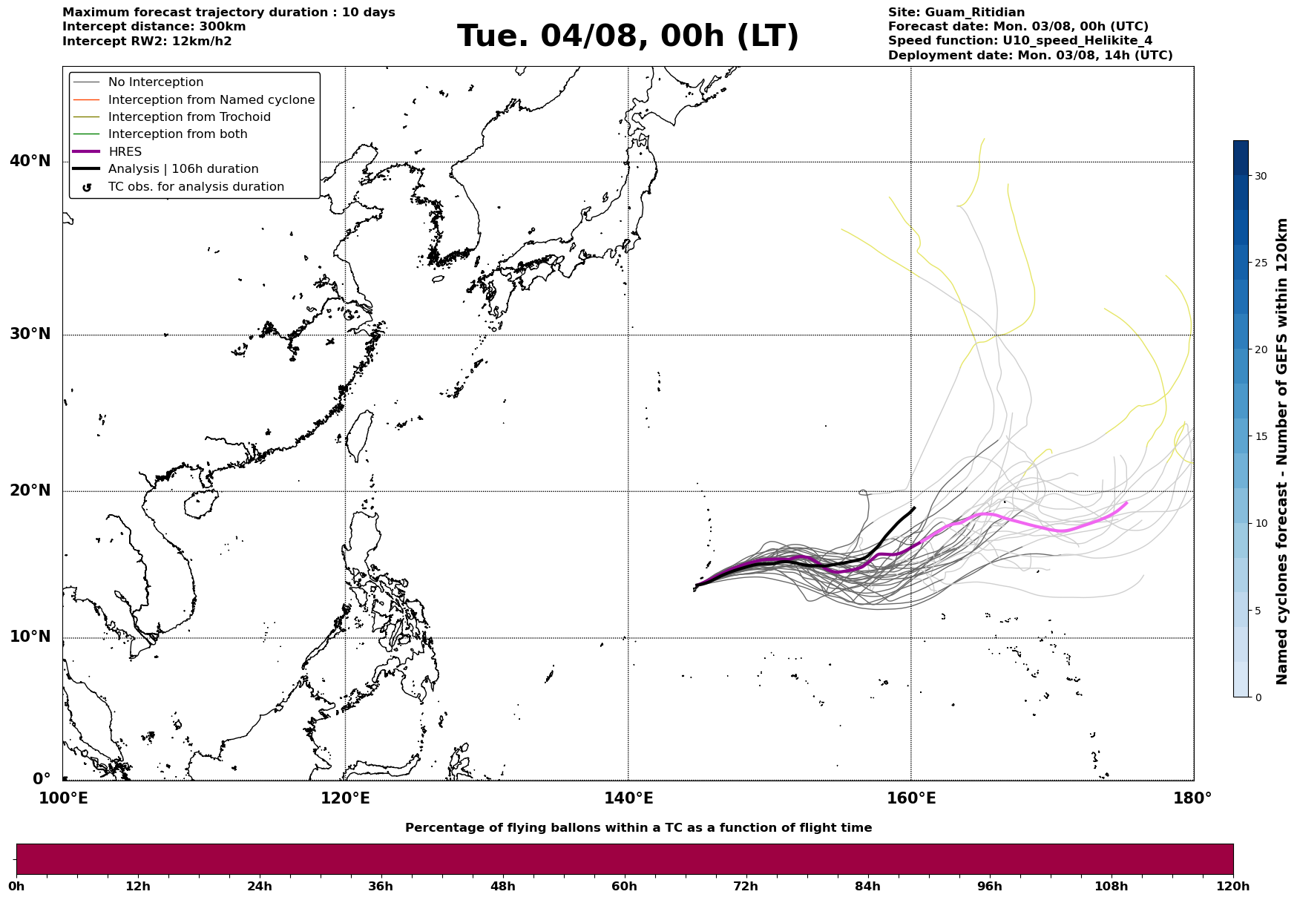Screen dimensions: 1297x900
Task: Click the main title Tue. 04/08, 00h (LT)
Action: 628,36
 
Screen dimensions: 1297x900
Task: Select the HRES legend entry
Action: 125,152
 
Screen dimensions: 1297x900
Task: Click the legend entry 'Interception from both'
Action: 177,134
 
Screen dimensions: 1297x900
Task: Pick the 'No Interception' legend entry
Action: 156,82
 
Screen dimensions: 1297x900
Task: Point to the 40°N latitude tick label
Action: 30,161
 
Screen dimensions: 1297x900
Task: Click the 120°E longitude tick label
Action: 345,798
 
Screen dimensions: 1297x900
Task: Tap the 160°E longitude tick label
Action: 911,798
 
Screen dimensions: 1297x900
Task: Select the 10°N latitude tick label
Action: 30,637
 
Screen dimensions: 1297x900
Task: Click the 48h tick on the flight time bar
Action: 503,886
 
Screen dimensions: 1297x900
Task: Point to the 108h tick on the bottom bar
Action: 1112,886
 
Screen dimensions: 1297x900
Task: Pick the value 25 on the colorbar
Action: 1261,263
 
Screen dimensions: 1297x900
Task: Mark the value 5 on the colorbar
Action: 1258,611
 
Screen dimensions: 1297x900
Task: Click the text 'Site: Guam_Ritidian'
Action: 956,13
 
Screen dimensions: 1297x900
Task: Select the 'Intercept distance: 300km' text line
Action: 154,27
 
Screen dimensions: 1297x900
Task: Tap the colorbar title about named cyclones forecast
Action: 1281,451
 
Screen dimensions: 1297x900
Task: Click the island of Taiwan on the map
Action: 359,436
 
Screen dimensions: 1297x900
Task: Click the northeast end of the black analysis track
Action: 914,508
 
